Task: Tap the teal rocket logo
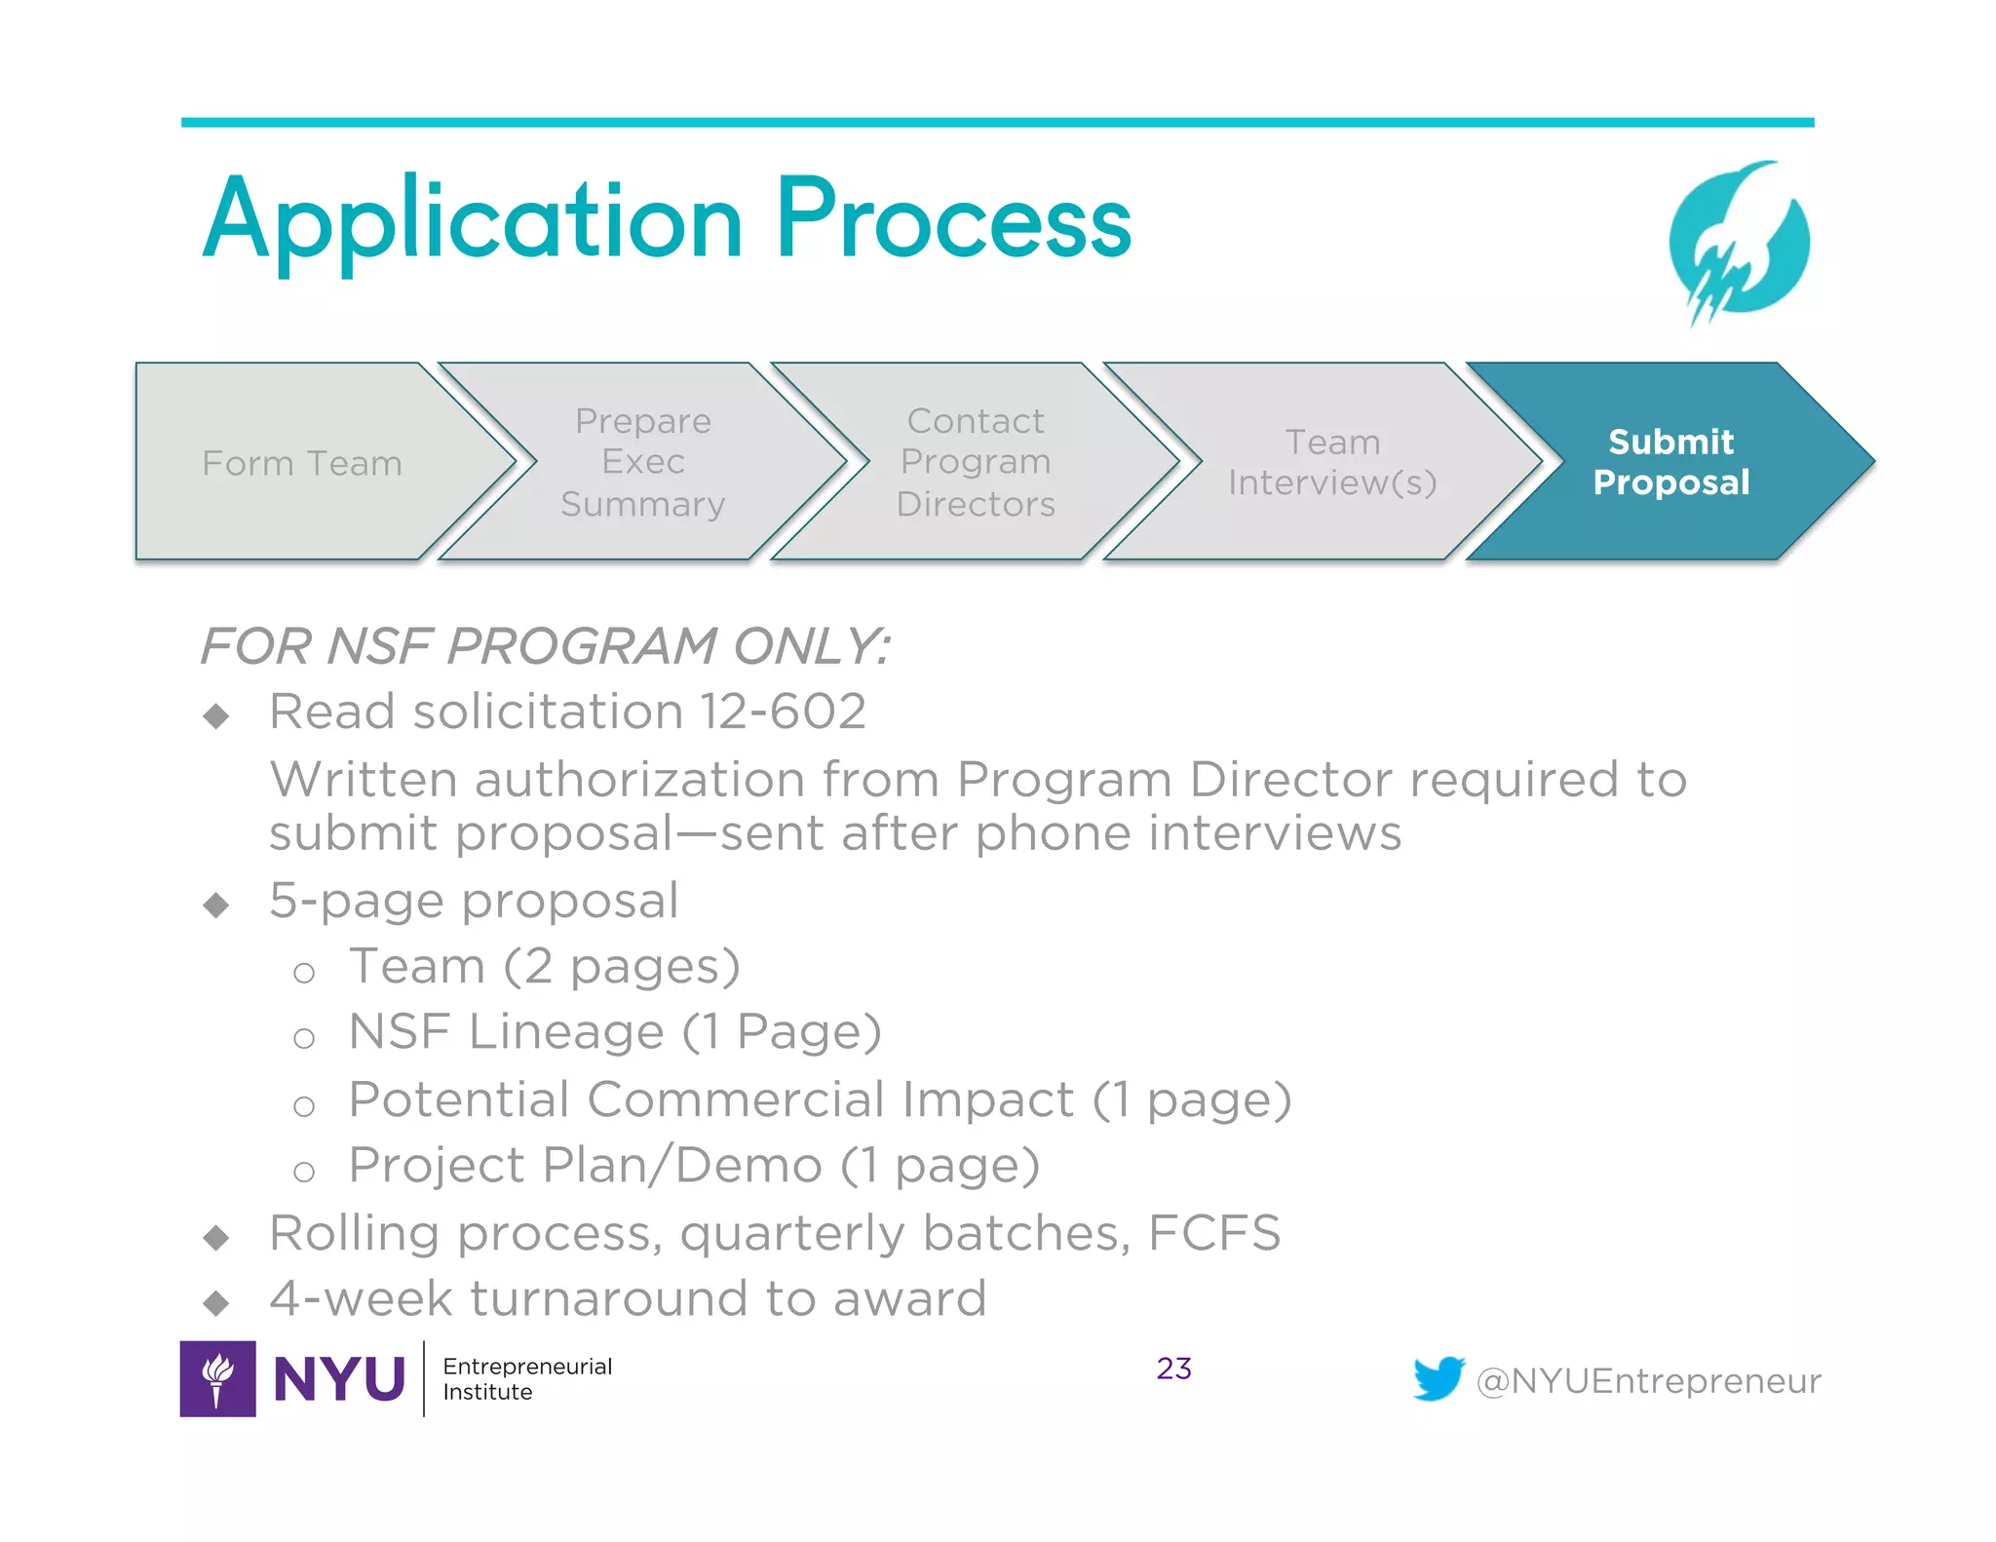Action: [1739, 242]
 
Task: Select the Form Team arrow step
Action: [302, 463]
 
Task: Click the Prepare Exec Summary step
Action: [643, 462]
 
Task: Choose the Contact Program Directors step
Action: [976, 462]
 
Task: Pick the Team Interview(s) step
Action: [1331, 462]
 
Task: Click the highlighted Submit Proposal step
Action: [1670, 462]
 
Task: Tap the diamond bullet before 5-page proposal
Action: [216, 905]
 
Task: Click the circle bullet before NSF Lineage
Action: [304, 1038]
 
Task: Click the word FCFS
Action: [1213, 1233]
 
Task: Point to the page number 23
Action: [1173, 1369]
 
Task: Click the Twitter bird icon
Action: [1439, 1378]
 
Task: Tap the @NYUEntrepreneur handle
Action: [1648, 1381]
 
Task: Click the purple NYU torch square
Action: [218, 1378]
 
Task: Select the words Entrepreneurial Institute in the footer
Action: [527, 1378]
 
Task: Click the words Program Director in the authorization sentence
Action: [1173, 780]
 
